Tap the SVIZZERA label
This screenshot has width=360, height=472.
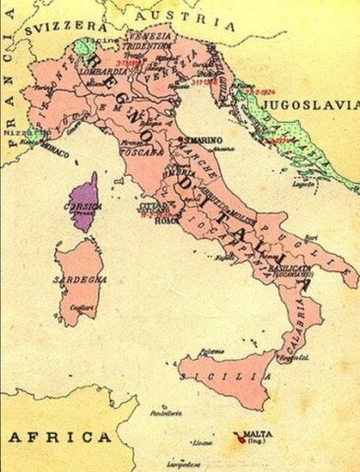tap(72, 29)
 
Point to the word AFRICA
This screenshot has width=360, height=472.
tap(59, 436)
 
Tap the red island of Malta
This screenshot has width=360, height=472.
tap(239, 434)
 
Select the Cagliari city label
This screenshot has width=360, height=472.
tap(82, 309)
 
